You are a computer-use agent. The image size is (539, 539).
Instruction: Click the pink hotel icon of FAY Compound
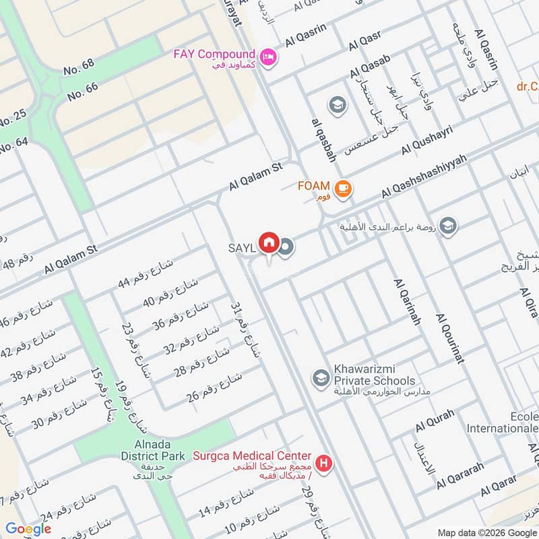tap(268, 58)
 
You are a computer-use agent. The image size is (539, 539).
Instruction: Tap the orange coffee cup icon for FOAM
tap(343, 189)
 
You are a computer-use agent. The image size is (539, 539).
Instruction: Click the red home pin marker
tap(269, 241)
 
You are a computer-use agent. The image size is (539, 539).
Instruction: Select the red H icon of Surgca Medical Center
tap(325, 464)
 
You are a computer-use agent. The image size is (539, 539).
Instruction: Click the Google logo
tap(28, 529)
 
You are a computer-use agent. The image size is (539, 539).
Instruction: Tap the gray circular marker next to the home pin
tap(286, 247)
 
